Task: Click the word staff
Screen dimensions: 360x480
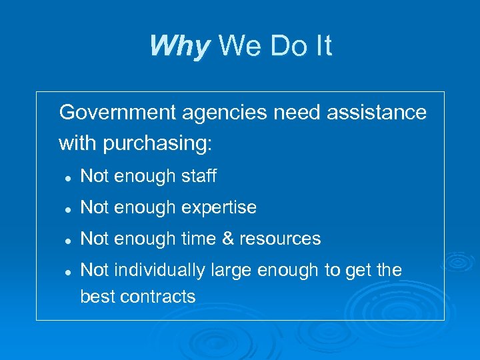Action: click(199, 176)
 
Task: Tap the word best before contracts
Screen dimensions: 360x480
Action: click(97, 297)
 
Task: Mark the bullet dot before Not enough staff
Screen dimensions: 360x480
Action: click(67, 177)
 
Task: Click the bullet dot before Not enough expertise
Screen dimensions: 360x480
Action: click(67, 209)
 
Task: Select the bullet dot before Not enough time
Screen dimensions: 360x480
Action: click(67, 239)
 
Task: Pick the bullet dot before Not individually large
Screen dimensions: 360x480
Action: click(67, 271)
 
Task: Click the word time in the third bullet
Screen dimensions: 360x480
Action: click(194, 239)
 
